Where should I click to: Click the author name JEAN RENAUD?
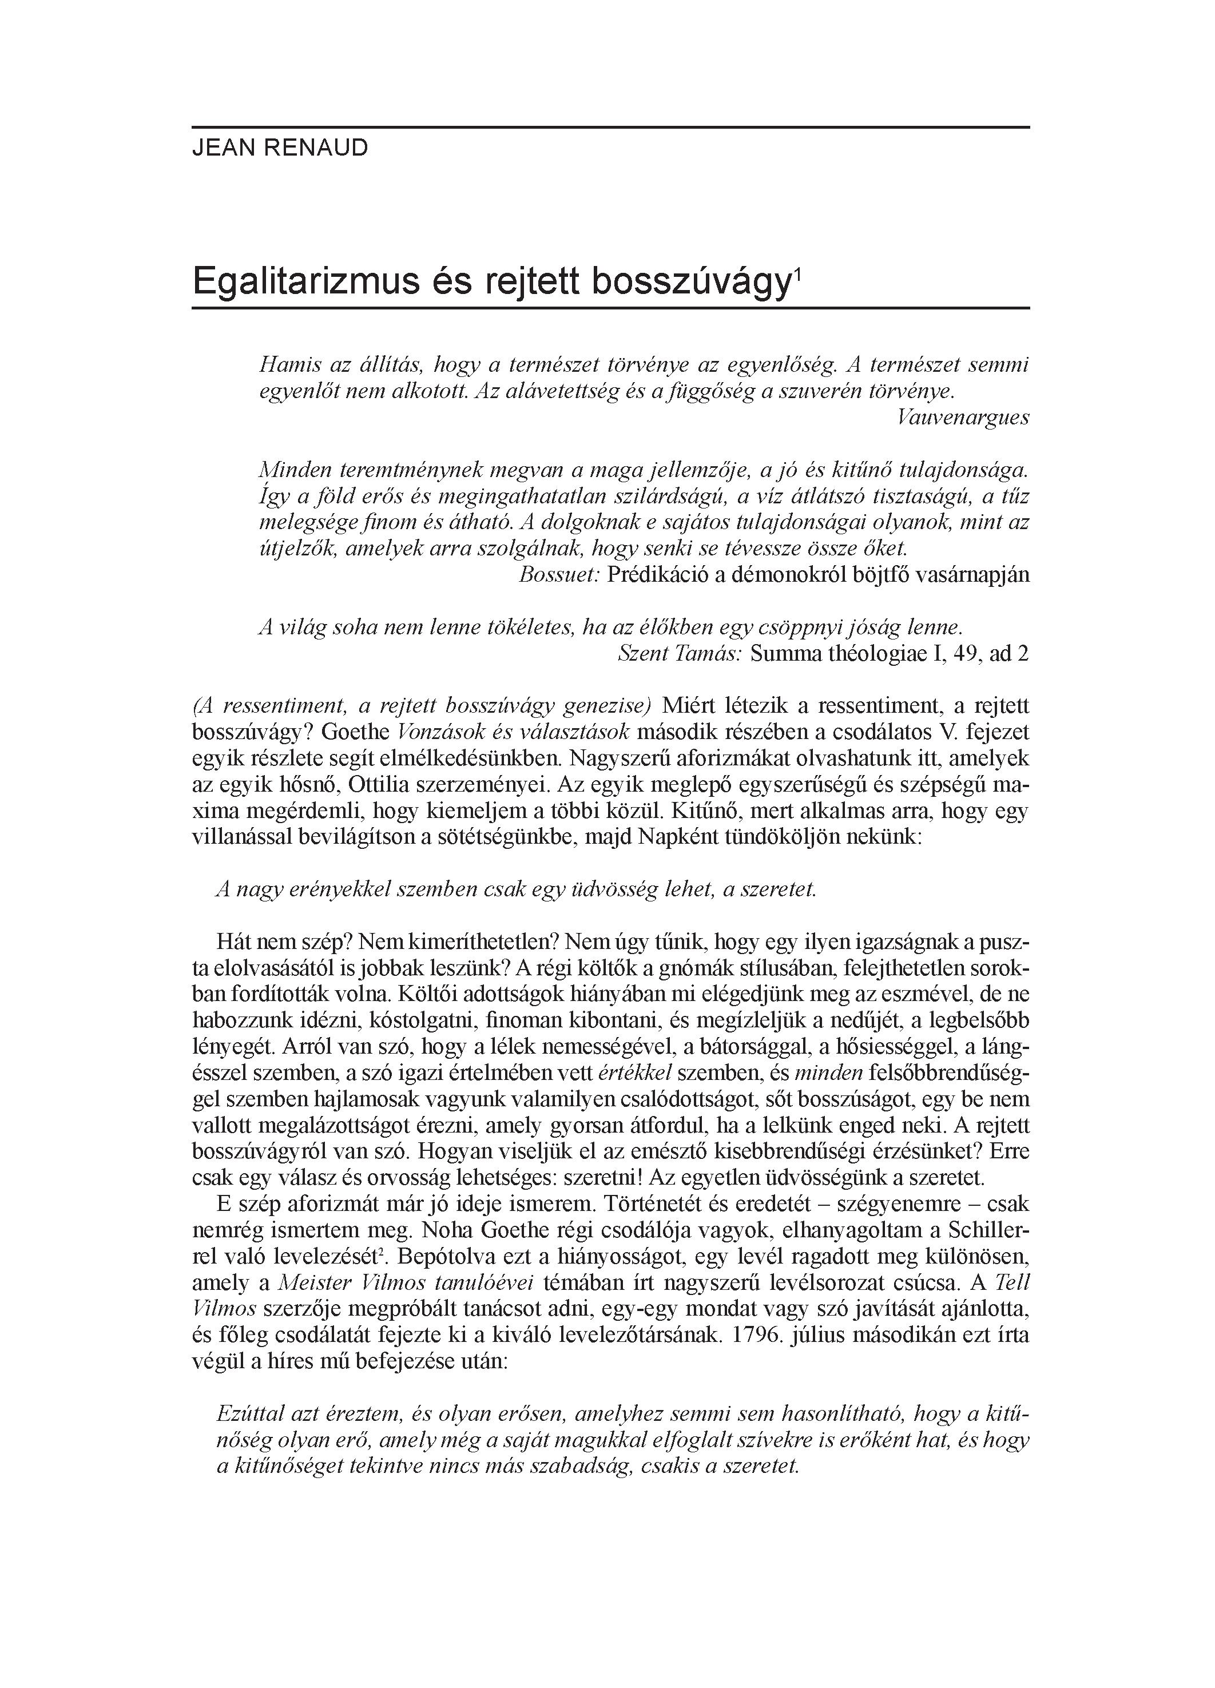point(280,148)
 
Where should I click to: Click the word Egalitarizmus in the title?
point(305,283)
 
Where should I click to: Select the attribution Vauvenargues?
point(963,418)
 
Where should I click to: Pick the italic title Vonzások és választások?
point(514,732)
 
